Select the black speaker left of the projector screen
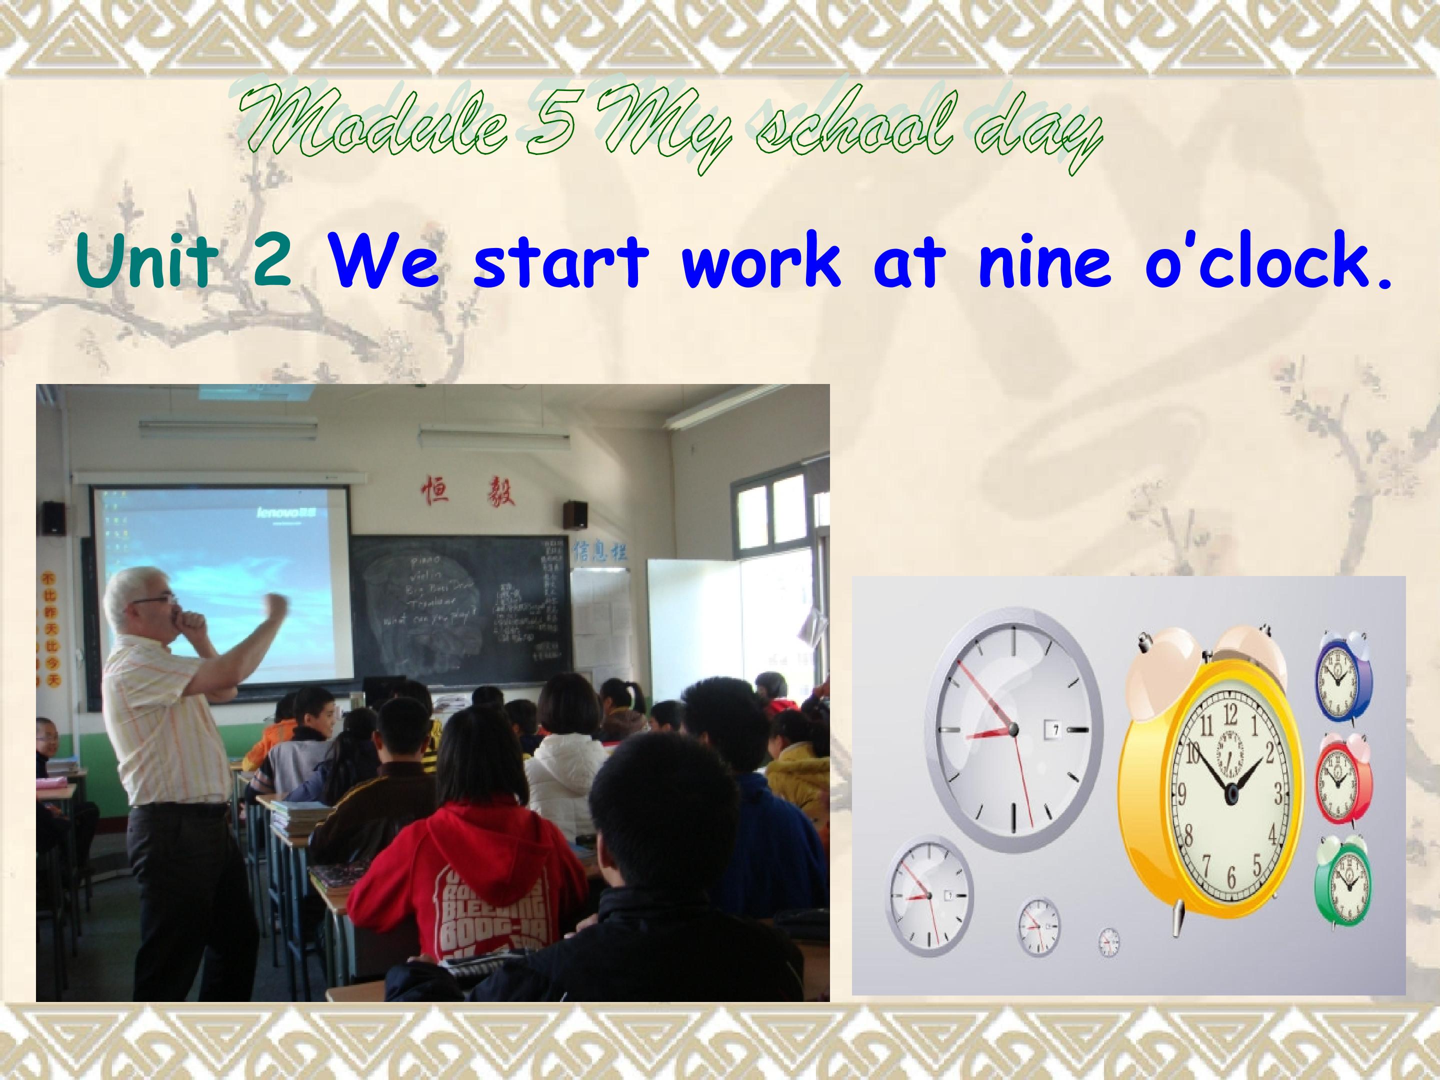pos(53,518)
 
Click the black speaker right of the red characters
pos(575,515)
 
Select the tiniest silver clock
pos(1108,942)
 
